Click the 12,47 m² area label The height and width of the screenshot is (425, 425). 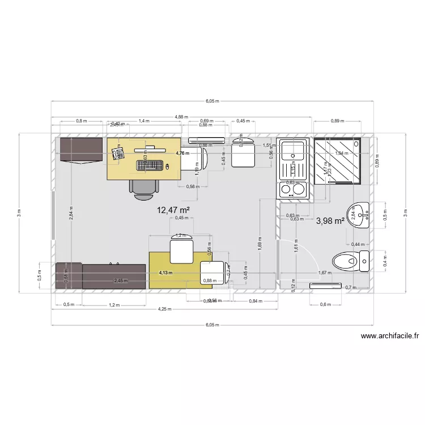pos(173,210)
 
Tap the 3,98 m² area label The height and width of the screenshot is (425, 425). pos(330,221)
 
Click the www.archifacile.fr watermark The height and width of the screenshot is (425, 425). pos(390,336)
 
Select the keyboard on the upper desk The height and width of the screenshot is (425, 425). pos(150,166)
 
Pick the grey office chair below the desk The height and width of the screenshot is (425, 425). pos(144,189)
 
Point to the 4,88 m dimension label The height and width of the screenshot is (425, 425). pos(181,117)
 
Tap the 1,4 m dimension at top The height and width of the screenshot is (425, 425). pos(144,121)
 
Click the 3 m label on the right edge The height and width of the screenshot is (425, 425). pos(405,213)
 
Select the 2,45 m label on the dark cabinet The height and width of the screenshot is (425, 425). pos(121,280)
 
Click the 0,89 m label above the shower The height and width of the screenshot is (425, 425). pos(338,121)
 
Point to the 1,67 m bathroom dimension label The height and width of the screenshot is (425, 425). pos(325,273)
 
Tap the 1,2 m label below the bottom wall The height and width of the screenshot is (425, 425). pos(114,305)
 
